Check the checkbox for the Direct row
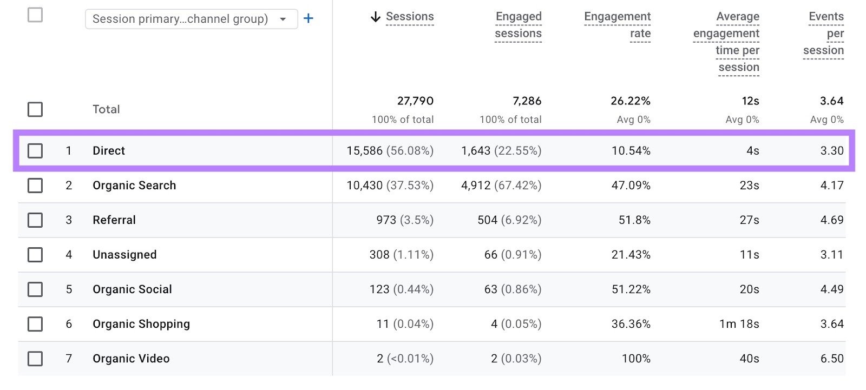(x=35, y=150)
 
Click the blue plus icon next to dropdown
(x=309, y=18)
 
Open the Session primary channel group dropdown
(x=191, y=19)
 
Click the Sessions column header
(x=410, y=17)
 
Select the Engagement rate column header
(x=618, y=25)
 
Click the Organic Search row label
(x=134, y=186)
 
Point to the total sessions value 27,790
(x=415, y=101)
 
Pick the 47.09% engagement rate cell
(x=631, y=186)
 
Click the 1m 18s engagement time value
(x=739, y=324)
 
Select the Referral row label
(x=114, y=220)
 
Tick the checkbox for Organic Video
(x=35, y=359)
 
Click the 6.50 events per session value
(x=831, y=359)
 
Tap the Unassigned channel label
(x=124, y=255)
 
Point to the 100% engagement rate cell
(x=636, y=359)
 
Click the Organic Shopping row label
(x=141, y=324)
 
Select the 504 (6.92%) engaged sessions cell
(x=509, y=220)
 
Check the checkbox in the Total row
(x=35, y=109)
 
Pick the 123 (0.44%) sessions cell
(x=401, y=289)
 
